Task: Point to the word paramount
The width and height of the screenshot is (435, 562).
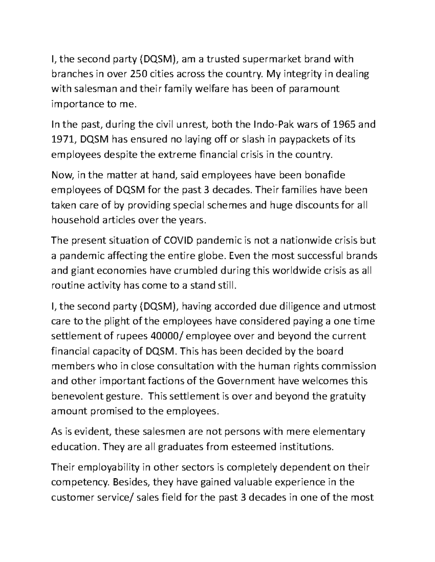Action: coord(314,89)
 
